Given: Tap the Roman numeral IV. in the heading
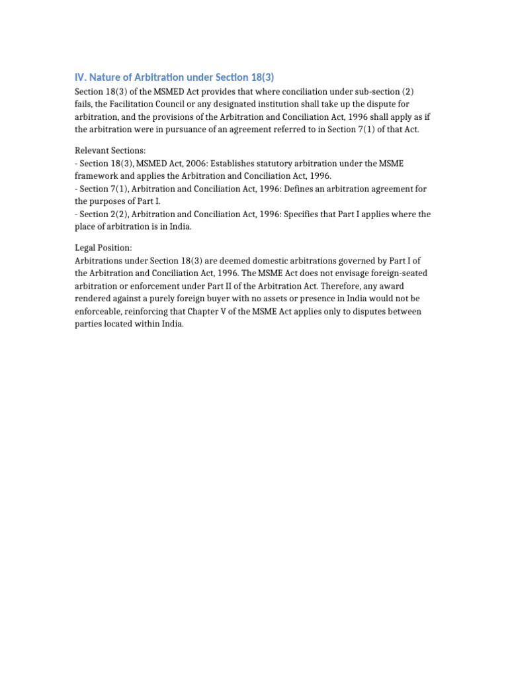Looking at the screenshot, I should click(x=81, y=77).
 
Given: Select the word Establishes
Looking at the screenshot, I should click(x=233, y=164).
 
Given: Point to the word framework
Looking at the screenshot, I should click(x=97, y=176).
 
